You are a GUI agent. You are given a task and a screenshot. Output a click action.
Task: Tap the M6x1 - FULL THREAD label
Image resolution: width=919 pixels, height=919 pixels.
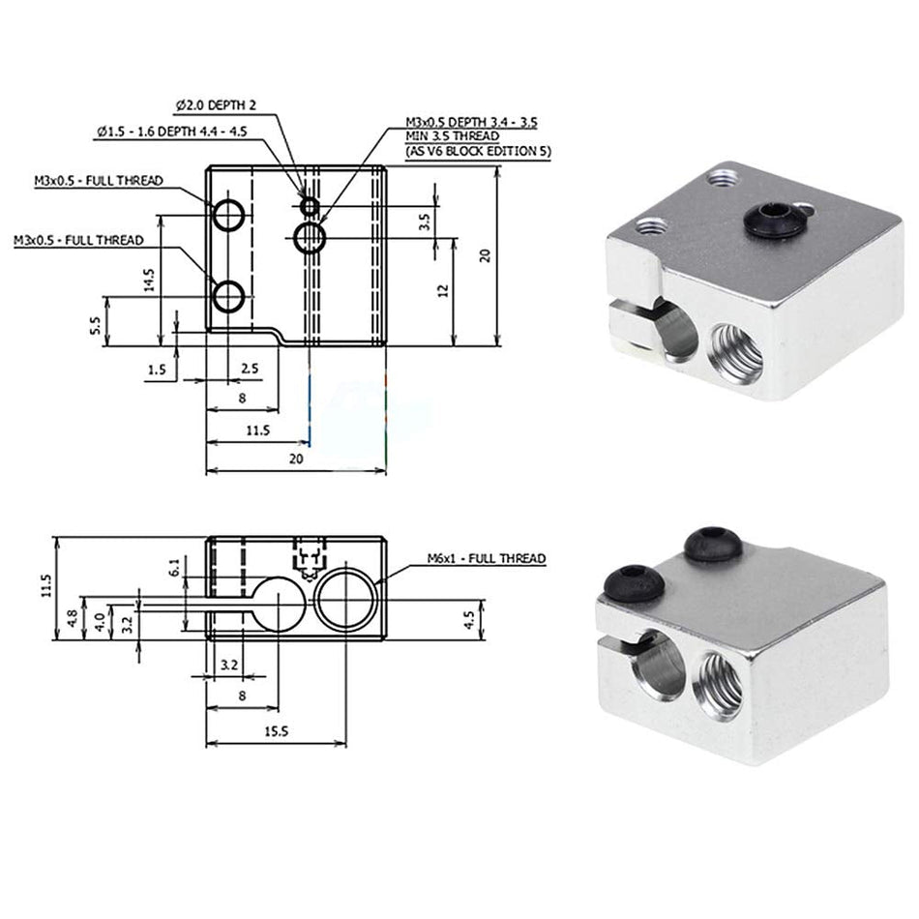pyautogui.click(x=487, y=558)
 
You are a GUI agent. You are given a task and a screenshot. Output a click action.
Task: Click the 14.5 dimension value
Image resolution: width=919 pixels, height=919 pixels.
pyautogui.click(x=148, y=280)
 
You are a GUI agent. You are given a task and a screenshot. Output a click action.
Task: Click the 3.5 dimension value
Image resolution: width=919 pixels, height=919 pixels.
pyautogui.click(x=423, y=222)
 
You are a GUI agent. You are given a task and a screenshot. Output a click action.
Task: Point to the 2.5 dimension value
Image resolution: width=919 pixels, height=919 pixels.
pyautogui.click(x=250, y=369)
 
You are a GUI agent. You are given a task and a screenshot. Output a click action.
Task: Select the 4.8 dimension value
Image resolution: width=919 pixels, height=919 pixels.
pyautogui.click(x=74, y=619)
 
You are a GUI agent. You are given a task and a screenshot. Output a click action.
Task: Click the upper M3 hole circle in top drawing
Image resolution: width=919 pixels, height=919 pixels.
pyautogui.click(x=230, y=215)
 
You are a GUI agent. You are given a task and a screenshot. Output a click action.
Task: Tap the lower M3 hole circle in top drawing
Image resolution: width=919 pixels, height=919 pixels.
pyautogui.click(x=230, y=296)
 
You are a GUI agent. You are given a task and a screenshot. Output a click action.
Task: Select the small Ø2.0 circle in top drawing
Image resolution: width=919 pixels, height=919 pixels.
pyautogui.click(x=309, y=205)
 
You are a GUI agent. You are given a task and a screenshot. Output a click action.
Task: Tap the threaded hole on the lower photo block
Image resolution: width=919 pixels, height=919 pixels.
pyautogui.click(x=723, y=683)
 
